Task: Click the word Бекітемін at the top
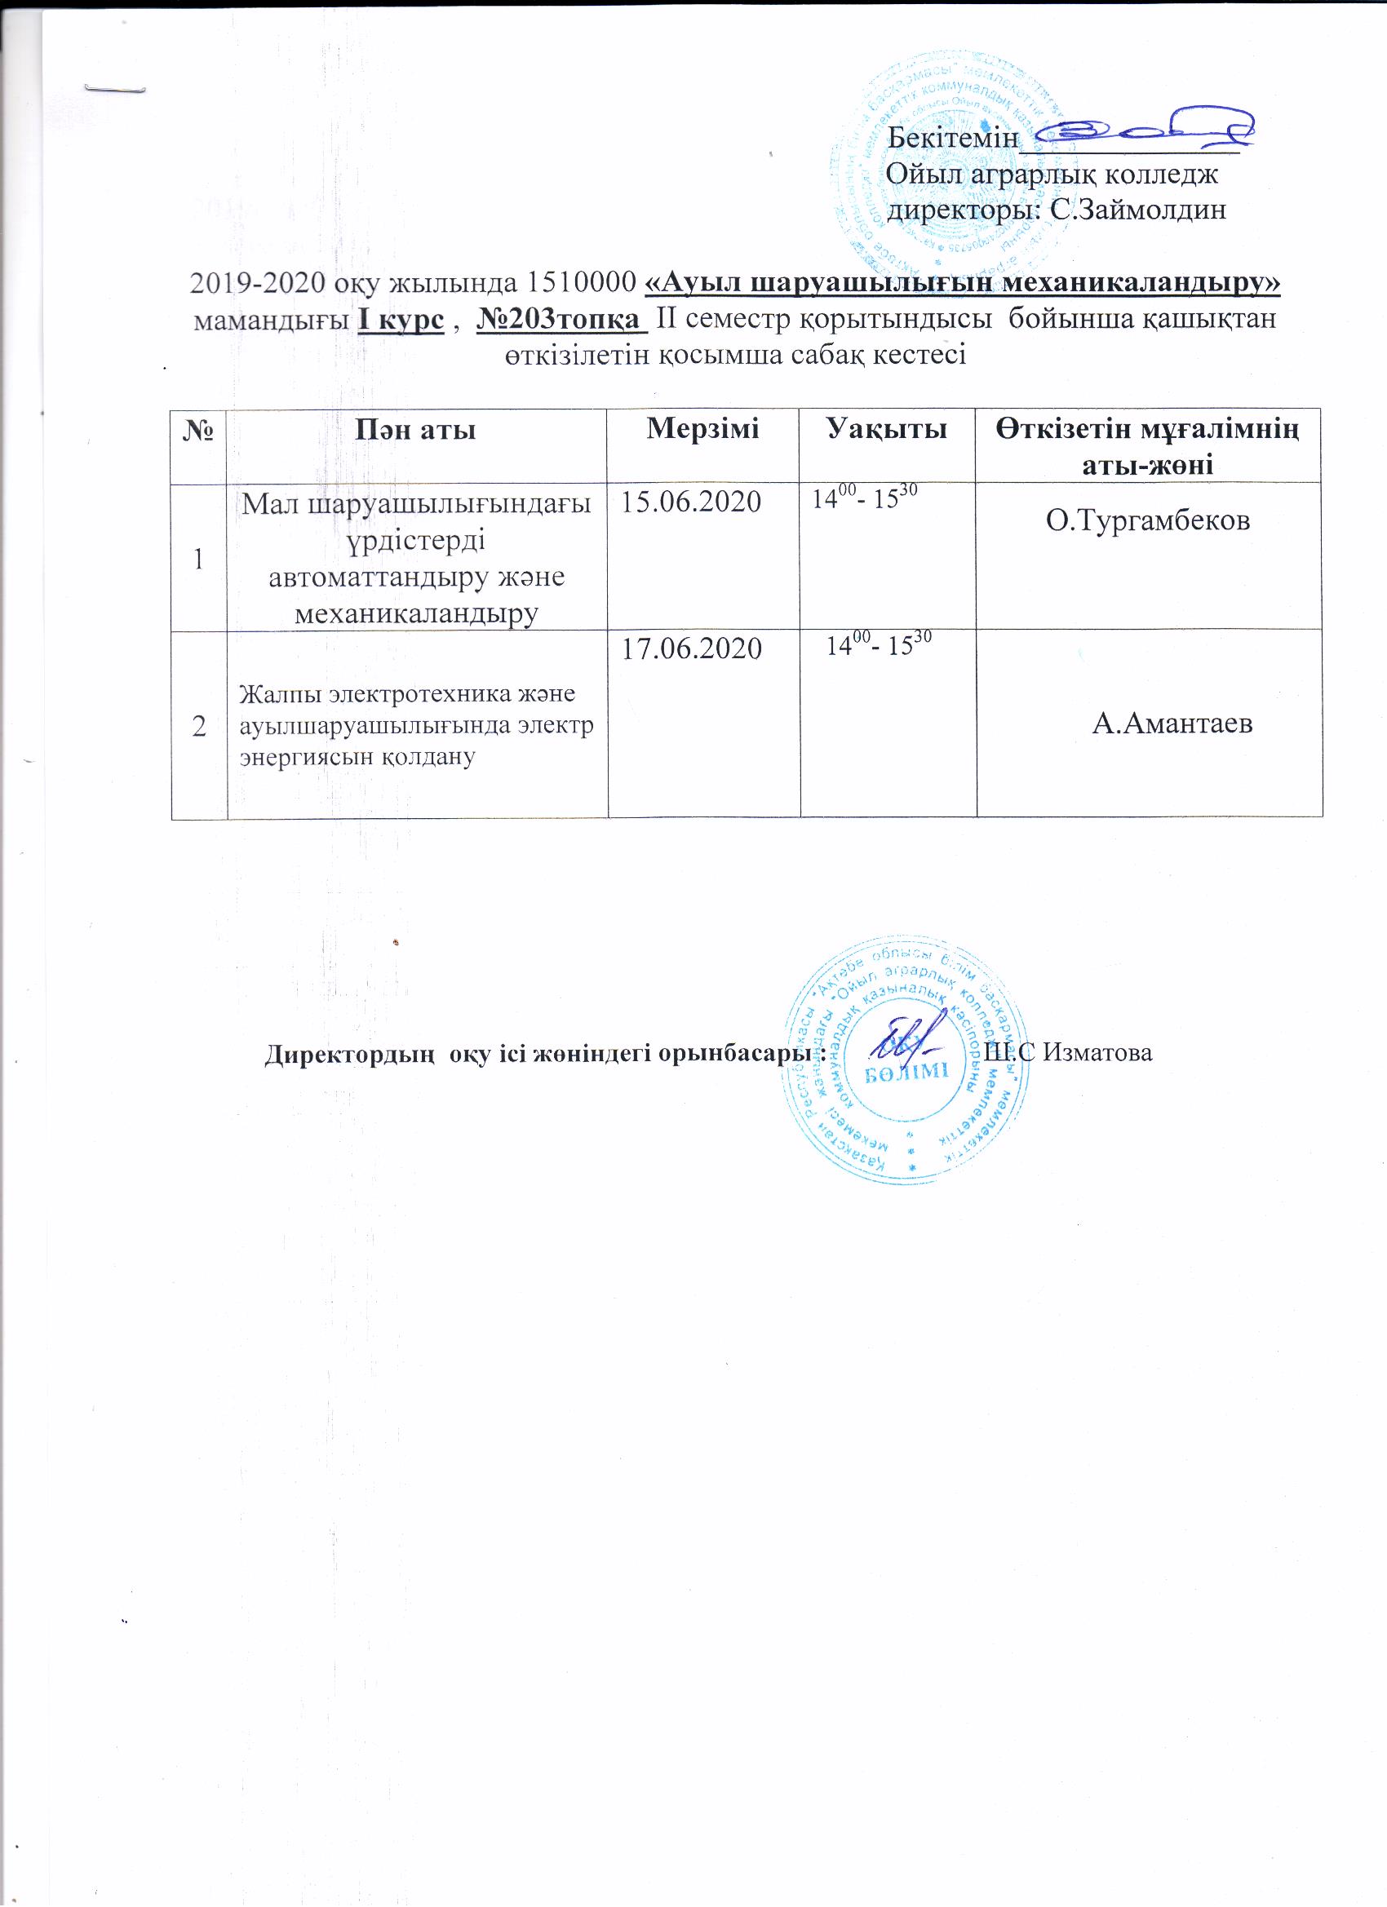tap(953, 137)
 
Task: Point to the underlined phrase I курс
tap(401, 321)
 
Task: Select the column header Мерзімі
tap(702, 429)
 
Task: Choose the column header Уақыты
tap(887, 429)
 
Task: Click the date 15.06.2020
tap(690, 502)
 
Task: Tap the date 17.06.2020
tap(690, 648)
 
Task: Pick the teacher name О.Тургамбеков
tap(1147, 520)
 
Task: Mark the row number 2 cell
tap(199, 726)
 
